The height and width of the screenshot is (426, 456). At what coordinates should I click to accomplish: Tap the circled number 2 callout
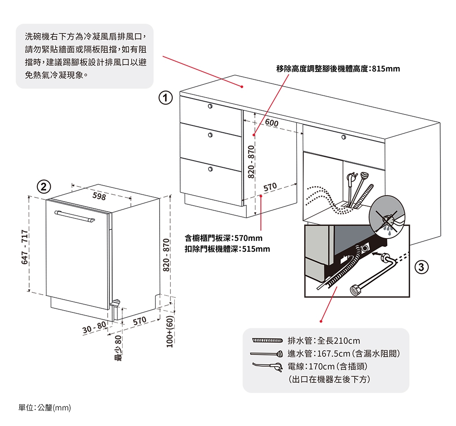click(x=44, y=187)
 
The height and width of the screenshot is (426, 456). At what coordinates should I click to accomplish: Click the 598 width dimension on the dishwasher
click(x=99, y=196)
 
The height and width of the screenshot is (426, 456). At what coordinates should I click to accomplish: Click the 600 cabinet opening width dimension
click(x=271, y=124)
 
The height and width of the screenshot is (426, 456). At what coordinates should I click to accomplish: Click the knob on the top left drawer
click(x=210, y=106)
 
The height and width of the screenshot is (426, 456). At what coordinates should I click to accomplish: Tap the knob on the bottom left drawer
click(x=210, y=169)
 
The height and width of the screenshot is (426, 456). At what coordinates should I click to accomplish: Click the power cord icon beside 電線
click(x=267, y=366)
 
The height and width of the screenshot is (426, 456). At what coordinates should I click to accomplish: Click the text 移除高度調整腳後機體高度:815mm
click(x=338, y=69)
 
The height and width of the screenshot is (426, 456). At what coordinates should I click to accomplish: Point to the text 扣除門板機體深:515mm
click(x=227, y=249)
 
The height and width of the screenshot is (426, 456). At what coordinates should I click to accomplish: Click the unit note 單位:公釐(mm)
click(x=45, y=407)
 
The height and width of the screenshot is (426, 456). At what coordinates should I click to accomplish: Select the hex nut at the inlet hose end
click(x=354, y=290)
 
